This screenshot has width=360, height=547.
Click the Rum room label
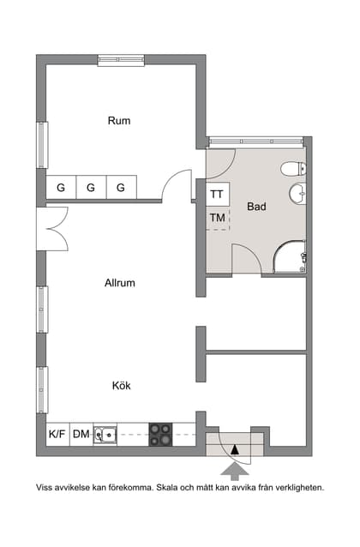[x=119, y=121]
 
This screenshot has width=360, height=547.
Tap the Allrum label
[x=120, y=283]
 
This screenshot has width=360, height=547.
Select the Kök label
[x=122, y=386]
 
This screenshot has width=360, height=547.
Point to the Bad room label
[x=256, y=207]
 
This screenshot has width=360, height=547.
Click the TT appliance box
[x=218, y=194]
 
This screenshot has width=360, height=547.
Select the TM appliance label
[x=218, y=218]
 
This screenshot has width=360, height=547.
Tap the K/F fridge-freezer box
[x=58, y=434]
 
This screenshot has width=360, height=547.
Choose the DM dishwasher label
[x=81, y=434]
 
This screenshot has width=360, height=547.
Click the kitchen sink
[x=105, y=434]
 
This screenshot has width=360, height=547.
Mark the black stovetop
[x=160, y=435]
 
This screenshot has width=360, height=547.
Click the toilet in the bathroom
[x=293, y=169]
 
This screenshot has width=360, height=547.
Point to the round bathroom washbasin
[x=297, y=193]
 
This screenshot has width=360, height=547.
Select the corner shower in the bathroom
[x=290, y=256]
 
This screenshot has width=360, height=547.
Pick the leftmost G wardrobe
[x=61, y=187]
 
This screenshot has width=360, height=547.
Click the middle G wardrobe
[x=91, y=187]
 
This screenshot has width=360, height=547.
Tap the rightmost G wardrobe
[x=121, y=187]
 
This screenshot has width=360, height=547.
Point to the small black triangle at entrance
[x=235, y=450]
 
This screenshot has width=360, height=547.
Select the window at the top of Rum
[x=121, y=60]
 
